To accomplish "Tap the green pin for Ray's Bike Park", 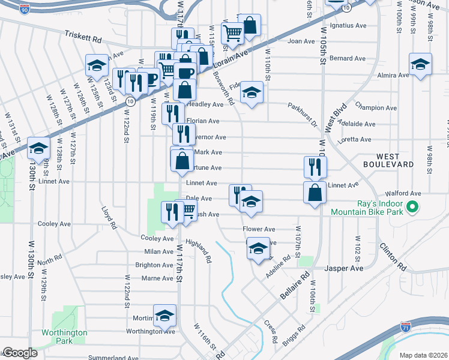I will click(x=412, y=208).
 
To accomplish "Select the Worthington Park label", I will click(x=64, y=337).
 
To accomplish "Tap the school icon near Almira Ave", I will click(x=420, y=64).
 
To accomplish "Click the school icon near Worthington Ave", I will click(x=164, y=316).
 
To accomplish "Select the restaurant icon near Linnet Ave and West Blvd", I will click(x=315, y=166).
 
